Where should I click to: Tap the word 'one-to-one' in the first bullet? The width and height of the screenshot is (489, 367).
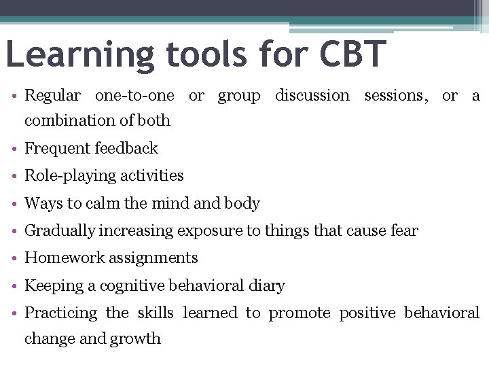[134, 96]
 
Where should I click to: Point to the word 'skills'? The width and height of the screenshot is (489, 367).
[156, 313]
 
